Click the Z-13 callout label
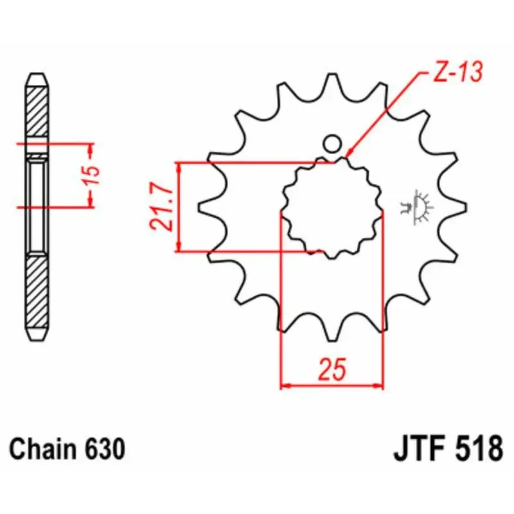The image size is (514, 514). (458, 72)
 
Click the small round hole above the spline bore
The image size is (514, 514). (332, 143)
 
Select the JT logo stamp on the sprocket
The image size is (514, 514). (416, 207)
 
